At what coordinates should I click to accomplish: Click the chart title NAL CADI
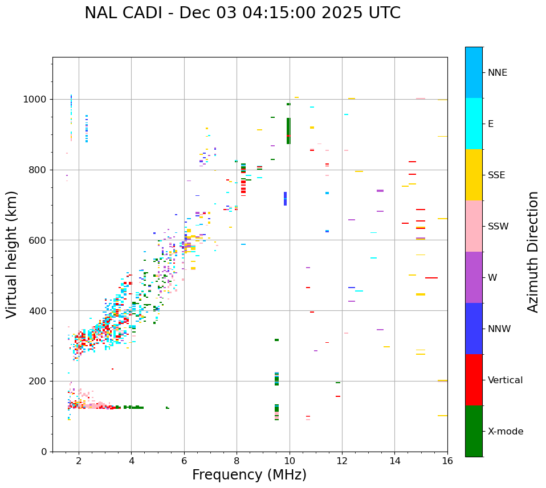pos(242,13)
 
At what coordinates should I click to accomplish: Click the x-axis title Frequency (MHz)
pos(249,475)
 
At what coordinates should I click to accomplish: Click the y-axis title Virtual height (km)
pos(12,254)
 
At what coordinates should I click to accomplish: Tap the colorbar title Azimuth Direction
pos(533,252)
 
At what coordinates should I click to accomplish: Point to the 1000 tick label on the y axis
pos(36,100)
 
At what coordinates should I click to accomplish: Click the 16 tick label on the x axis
pos(447,461)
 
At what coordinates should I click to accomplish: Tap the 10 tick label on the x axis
pos(290,461)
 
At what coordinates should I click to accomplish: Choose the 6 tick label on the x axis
pos(184,461)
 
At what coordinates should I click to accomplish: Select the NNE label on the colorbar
pos(497,73)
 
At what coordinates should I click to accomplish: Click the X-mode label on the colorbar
pos(505,432)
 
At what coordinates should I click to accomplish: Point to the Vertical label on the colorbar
pos(505,380)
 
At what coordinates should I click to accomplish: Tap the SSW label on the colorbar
pos(498,227)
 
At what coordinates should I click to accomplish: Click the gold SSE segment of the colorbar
pos(474,175)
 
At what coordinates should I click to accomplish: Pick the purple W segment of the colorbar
pos(474,277)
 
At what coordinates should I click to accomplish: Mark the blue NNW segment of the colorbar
pos(474,329)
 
